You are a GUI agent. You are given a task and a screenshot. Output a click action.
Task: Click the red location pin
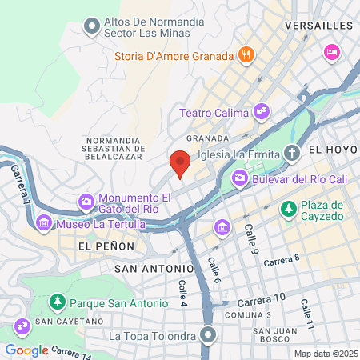(180, 164)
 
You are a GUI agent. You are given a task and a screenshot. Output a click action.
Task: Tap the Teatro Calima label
(214, 113)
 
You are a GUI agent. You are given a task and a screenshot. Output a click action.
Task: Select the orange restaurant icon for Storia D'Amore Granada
(246, 56)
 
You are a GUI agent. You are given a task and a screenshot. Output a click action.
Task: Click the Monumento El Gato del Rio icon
(86, 201)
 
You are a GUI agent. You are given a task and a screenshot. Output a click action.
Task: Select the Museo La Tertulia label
(100, 224)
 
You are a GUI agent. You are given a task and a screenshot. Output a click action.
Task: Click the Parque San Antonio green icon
(57, 302)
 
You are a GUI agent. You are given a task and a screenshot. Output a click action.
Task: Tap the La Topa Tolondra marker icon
(208, 335)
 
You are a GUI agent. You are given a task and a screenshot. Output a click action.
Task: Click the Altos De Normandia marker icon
(92, 27)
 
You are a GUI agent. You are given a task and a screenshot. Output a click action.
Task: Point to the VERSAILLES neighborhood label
(318, 26)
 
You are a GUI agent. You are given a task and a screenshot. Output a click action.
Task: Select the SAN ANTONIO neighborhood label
(154, 269)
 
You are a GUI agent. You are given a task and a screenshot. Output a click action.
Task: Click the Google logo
(27, 350)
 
